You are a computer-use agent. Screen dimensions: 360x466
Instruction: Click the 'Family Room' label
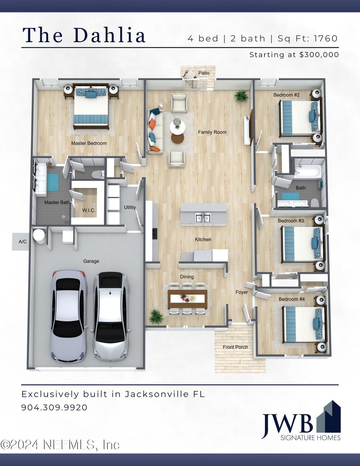212,132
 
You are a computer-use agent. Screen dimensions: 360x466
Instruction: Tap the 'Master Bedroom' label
89,143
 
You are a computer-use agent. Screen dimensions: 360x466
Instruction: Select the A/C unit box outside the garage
21,242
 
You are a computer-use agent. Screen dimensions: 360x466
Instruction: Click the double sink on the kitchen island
203,217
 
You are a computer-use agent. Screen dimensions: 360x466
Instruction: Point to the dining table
187,299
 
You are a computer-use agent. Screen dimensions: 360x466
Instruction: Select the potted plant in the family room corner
242,96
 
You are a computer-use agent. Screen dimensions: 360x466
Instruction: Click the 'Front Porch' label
235,347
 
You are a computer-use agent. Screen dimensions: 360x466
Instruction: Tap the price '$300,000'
319,55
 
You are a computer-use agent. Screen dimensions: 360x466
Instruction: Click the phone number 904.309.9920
54,407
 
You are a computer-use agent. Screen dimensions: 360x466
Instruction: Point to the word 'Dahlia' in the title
110,35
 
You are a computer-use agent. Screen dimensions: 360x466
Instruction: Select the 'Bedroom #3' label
291,221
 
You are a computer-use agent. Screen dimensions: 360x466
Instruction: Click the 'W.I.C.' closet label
89,210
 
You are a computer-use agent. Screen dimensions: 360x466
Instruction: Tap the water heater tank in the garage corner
39,236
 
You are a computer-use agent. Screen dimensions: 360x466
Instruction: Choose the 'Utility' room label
130,207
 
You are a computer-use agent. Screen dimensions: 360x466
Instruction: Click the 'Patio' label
204,73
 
